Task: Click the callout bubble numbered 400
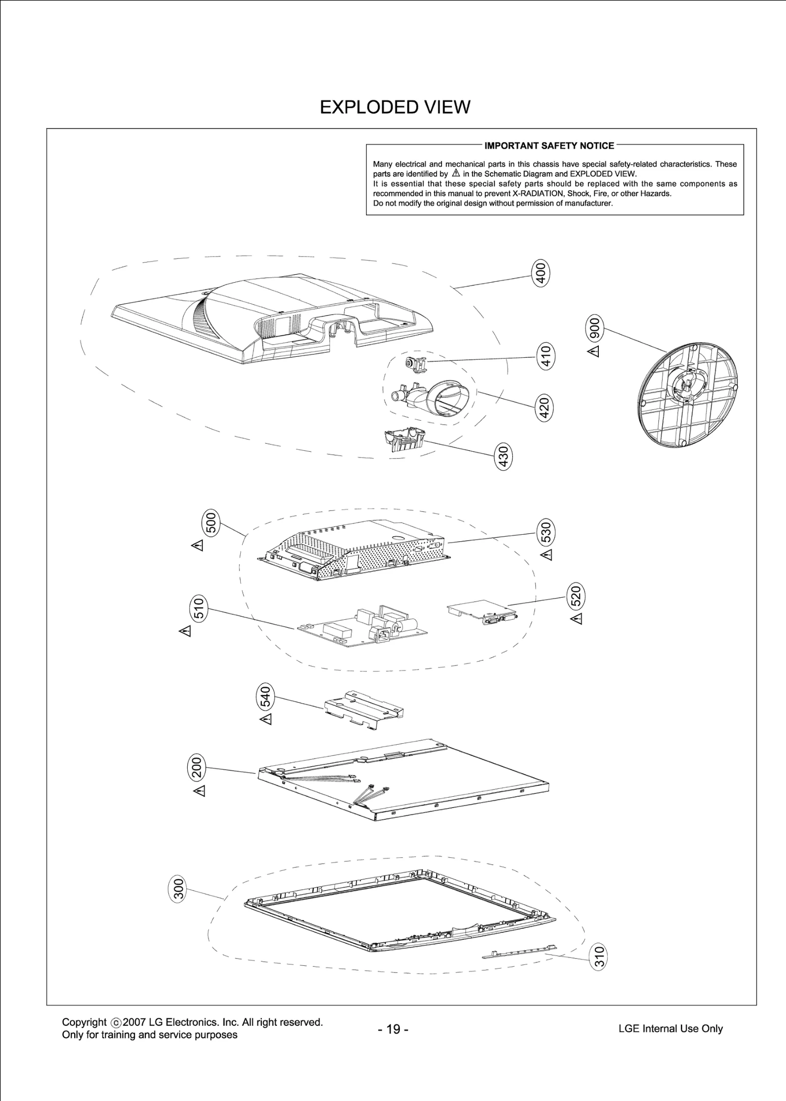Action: point(540,274)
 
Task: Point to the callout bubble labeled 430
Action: point(504,456)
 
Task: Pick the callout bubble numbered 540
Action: point(265,696)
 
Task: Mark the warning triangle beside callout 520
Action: point(577,619)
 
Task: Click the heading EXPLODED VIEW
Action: point(395,107)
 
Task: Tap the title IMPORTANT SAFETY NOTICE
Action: point(549,145)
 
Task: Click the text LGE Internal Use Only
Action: point(671,1028)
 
